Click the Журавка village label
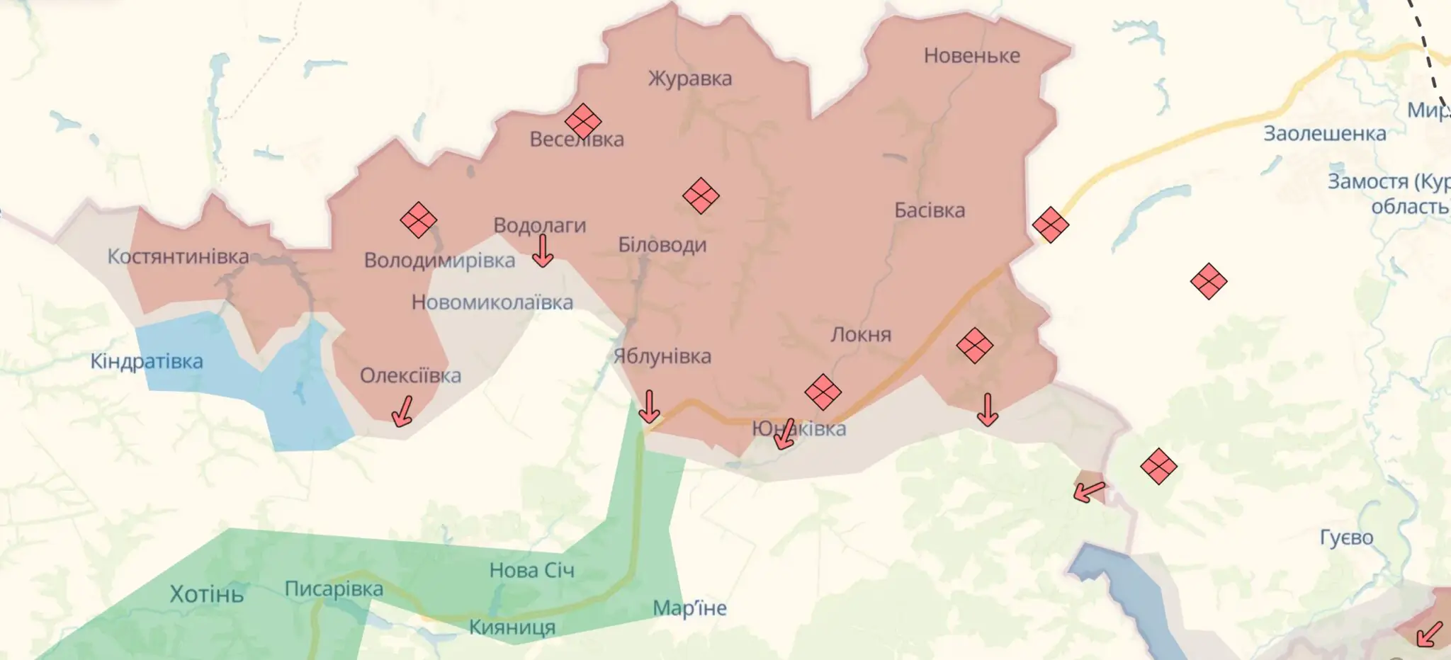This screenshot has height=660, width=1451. coord(689,79)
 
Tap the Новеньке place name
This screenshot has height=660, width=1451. coord(971,56)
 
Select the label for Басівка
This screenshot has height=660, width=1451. coord(929,210)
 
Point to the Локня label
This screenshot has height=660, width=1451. coord(860,334)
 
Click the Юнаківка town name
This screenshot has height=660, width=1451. coord(799,428)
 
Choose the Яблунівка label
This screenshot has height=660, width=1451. coord(662,356)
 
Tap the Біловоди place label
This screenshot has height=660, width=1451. coord(662,245)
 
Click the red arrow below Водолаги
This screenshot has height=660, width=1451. coord(543,251)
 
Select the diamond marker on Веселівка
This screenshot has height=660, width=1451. coord(583,121)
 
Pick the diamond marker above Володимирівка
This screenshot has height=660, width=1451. coord(418,220)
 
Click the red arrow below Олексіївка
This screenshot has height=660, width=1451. coord(403,411)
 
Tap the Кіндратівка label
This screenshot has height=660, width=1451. coord(147,362)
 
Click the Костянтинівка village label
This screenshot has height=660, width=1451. coord(178,256)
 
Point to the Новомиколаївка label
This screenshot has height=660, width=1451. coord(492,303)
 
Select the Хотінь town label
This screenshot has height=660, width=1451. coord(206,593)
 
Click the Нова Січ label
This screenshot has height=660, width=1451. coord(531,570)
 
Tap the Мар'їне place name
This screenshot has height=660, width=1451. coord(689,608)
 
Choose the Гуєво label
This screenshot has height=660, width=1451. coord(1346,538)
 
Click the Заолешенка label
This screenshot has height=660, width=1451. coord(1324,134)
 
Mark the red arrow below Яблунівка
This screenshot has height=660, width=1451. coord(649,406)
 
